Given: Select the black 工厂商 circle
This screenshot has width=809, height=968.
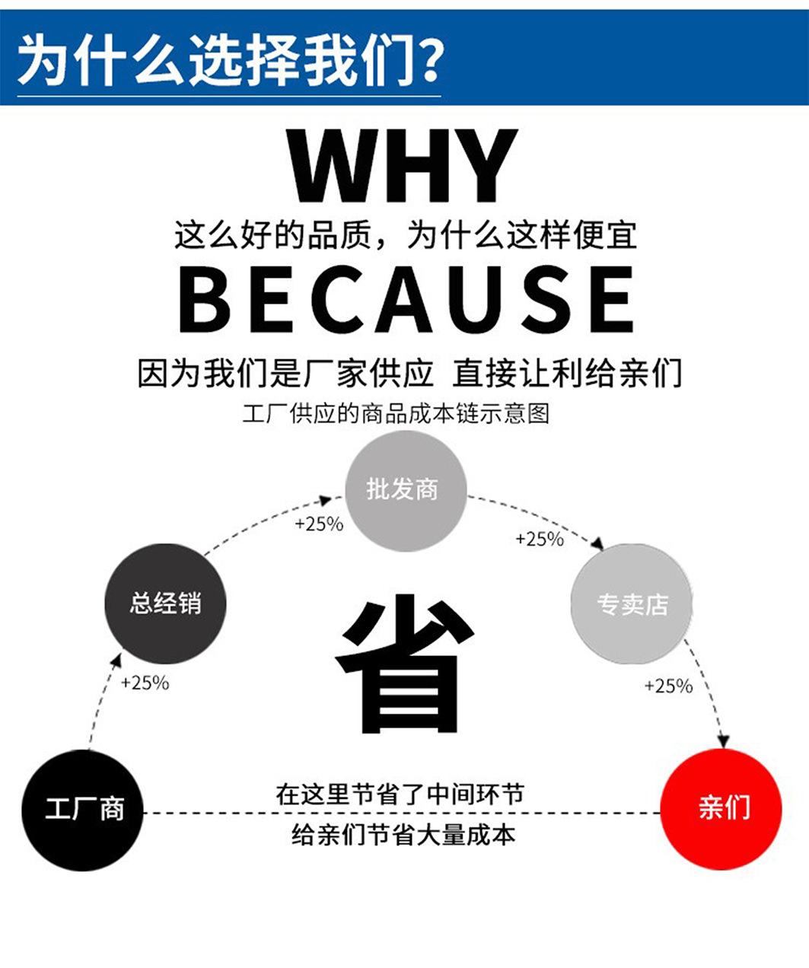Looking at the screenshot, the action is tap(83, 809).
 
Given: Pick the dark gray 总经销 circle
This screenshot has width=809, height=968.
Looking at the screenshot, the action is tap(165, 603).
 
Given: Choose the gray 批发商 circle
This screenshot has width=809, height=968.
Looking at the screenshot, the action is tap(404, 489).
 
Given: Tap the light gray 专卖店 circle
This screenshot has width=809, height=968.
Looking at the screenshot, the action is tap(632, 604).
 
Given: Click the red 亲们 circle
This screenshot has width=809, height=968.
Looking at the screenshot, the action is tap(721, 808).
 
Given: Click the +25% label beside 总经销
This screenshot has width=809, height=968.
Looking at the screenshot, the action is tap(145, 683).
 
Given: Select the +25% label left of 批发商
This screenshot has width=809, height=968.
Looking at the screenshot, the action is tap(319, 524).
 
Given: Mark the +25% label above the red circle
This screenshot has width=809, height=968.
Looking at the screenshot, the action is tap(668, 686).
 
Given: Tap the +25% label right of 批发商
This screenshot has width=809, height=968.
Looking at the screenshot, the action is tap(540, 540).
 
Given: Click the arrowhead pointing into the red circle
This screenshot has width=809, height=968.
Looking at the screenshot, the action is tap(724, 740).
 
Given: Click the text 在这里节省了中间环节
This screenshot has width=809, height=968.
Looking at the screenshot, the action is tap(400, 794).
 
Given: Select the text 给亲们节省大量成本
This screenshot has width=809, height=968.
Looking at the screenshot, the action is tap(403, 835).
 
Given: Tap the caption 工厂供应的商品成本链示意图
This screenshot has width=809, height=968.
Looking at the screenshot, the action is tap(396, 414).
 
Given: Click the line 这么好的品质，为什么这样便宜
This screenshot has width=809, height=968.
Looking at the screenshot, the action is tap(405, 235).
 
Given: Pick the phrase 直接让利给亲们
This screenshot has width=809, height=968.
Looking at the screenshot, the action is tap(567, 374).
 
